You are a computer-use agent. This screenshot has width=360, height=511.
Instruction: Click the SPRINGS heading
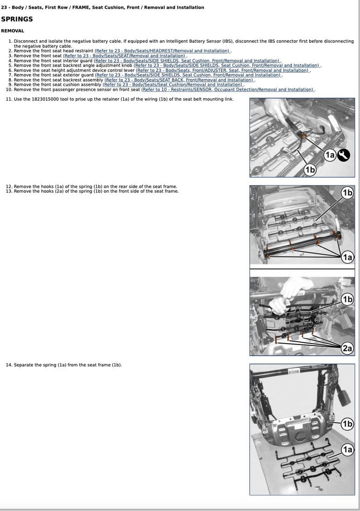(17, 20)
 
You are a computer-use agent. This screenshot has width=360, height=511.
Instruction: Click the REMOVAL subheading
(13, 31)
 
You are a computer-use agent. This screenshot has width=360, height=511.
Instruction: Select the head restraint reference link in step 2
(162, 51)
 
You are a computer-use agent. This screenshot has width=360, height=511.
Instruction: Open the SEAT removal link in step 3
(125, 56)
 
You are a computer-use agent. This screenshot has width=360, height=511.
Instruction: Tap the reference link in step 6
(223, 70)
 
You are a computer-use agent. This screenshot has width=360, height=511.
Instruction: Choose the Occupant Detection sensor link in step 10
(228, 89)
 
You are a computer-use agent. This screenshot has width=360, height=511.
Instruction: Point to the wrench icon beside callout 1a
(343, 155)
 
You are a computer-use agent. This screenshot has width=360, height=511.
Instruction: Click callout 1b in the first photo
(310, 170)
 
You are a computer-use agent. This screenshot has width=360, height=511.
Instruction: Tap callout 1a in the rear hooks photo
(347, 257)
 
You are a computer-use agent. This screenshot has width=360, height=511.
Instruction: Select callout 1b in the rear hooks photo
(347, 193)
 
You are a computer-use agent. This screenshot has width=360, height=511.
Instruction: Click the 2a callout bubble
(347, 348)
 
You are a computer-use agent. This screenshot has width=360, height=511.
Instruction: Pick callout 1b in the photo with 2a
(347, 299)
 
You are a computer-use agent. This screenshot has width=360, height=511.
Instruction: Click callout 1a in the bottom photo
(347, 450)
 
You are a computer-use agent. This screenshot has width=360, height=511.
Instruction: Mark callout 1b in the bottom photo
(347, 424)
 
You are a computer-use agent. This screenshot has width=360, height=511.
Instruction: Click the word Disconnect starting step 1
(26, 41)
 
